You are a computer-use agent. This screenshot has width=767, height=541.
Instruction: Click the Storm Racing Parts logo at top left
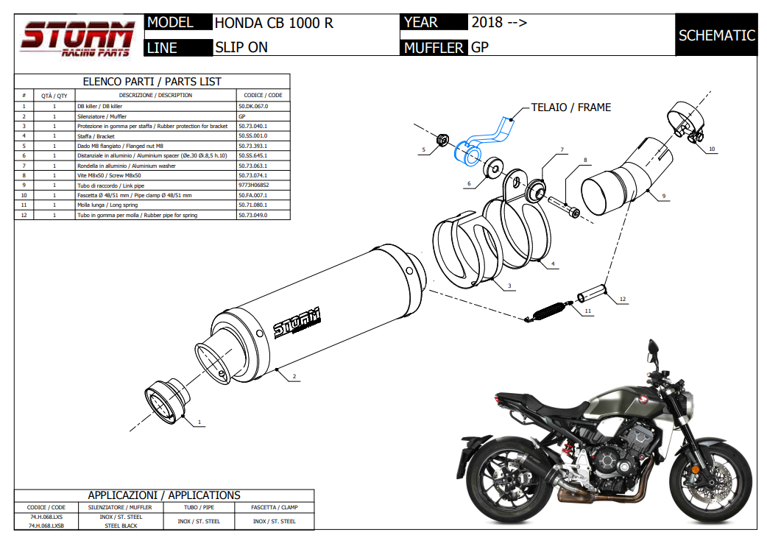pyautogui.click(x=78, y=38)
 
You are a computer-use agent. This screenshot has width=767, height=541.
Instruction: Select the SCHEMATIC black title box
pyautogui.click(x=716, y=35)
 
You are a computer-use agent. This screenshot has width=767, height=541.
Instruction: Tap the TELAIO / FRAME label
pyautogui.click(x=570, y=107)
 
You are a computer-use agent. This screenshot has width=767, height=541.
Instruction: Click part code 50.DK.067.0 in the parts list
pyautogui.click(x=253, y=106)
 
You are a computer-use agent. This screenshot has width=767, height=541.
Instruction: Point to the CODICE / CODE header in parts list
pyautogui.click(x=263, y=95)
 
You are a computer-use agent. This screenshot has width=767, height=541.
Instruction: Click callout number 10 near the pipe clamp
pyautogui.click(x=711, y=149)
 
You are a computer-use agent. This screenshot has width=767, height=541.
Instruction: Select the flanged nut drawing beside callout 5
pyautogui.click(x=442, y=139)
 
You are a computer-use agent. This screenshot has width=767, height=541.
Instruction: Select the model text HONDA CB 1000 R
pyautogui.click(x=274, y=23)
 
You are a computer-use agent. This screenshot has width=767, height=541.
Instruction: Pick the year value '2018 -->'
pyautogui.click(x=498, y=23)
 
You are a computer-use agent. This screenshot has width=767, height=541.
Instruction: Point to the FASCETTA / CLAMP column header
pyautogui.click(x=274, y=507)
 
